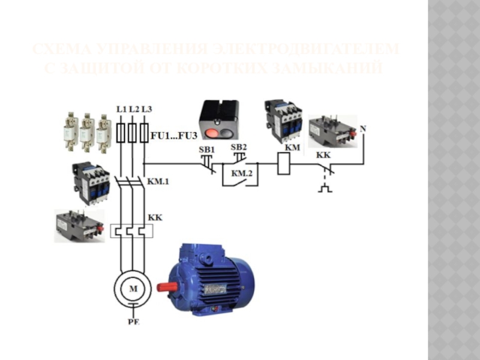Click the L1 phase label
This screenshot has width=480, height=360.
pyautogui.click(x=121, y=109)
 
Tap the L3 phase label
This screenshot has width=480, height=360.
pyautogui.click(x=146, y=109)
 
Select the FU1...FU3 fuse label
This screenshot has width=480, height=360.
pyautogui.click(x=169, y=136)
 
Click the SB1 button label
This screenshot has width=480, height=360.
pyautogui.click(x=206, y=148)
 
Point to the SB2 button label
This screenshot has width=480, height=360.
pyautogui.click(x=239, y=147)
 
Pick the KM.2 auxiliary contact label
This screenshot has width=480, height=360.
pyautogui.click(x=241, y=174)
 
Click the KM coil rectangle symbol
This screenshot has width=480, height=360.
pyautogui.click(x=284, y=163)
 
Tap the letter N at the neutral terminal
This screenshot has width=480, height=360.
pyautogui.click(x=362, y=130)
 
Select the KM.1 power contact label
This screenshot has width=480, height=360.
pyautogui.click(x=158, y=179)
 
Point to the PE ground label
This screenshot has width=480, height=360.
pyautogui.click(x=133, y=322)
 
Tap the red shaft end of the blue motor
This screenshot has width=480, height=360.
pyautogui.click(x=163, y=287)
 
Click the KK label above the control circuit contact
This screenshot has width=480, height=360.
pyautogui.click(x=323, y=154)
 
